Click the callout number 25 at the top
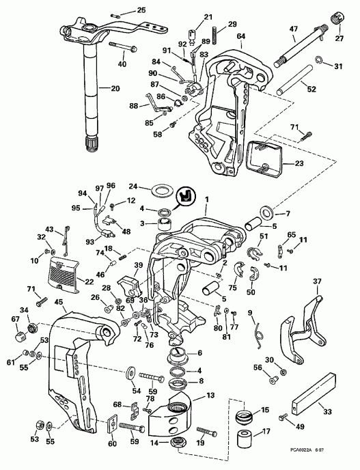tap(141, 10)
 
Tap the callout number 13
tap(210, 394)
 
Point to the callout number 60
tap(112, 443)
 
